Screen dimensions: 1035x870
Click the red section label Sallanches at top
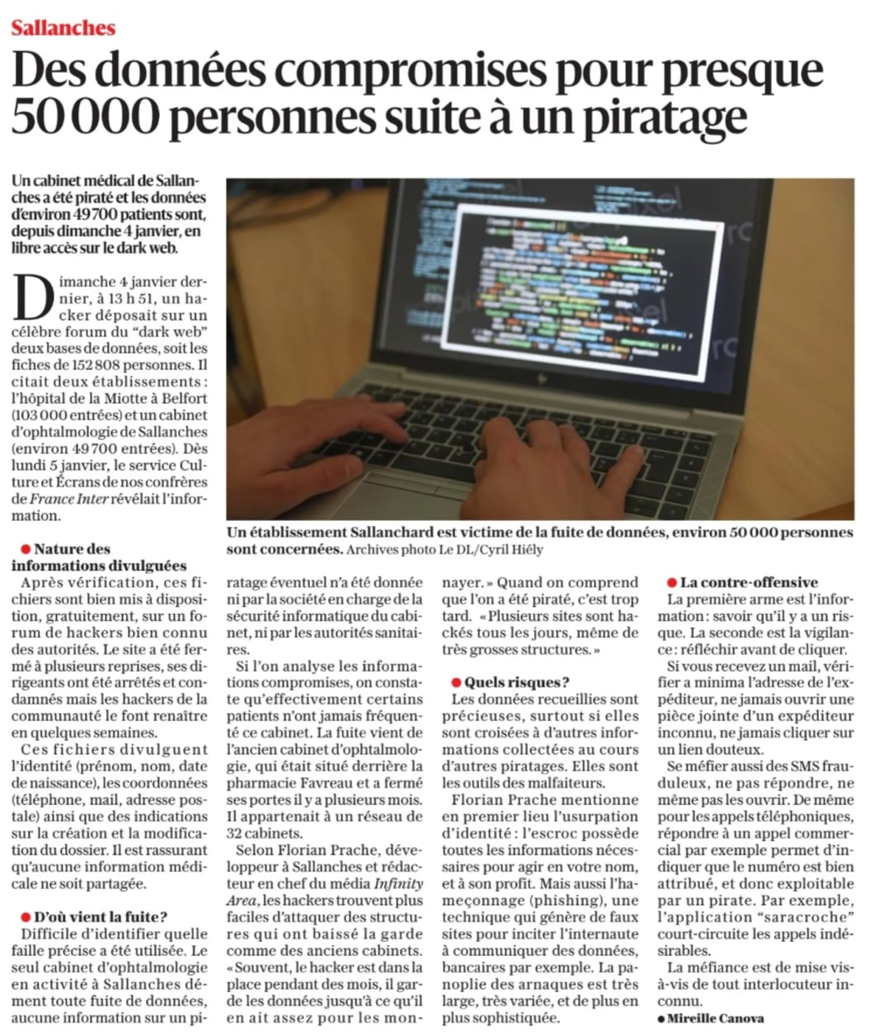tap(63, 28)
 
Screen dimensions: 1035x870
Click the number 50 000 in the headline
tap(86, 116)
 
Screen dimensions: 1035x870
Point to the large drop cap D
tap(33, 297)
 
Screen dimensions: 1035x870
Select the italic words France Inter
tap(69, 499)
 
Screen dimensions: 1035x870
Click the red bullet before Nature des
tap(26, 549)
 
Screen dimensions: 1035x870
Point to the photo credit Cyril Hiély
tap(515, 550)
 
